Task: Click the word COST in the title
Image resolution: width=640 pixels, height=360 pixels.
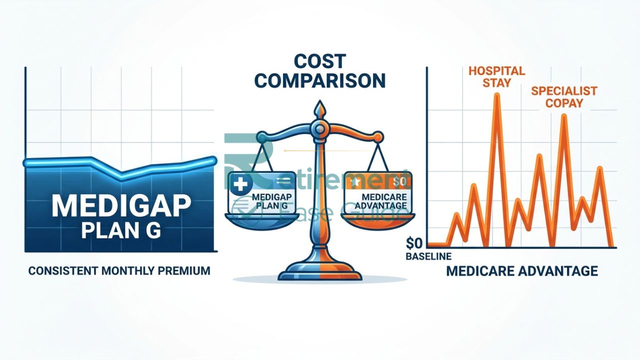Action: pos(319,61)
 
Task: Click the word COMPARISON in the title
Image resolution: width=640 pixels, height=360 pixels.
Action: pos(319,81)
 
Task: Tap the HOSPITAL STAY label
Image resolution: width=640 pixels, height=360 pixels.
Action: pos(496,76)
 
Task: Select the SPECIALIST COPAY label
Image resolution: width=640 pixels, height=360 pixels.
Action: pos(564,97)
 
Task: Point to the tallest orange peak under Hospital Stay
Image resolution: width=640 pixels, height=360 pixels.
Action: pos(496,95)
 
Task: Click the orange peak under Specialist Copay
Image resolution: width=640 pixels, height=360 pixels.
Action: pos(563,116)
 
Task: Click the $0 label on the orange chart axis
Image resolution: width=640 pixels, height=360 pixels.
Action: pos(414,244)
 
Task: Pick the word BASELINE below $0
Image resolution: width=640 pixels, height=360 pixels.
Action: pos(429,256)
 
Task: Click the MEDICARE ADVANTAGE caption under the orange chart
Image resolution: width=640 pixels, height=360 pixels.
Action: pos(521,271)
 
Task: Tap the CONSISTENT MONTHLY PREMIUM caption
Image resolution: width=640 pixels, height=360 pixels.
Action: pos(119,271)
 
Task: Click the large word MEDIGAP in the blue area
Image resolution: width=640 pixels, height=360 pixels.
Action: pos(122,205)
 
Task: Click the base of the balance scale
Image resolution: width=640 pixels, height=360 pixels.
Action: pos(319,274)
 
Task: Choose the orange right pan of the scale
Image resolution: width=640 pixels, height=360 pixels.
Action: pos(378,220)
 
